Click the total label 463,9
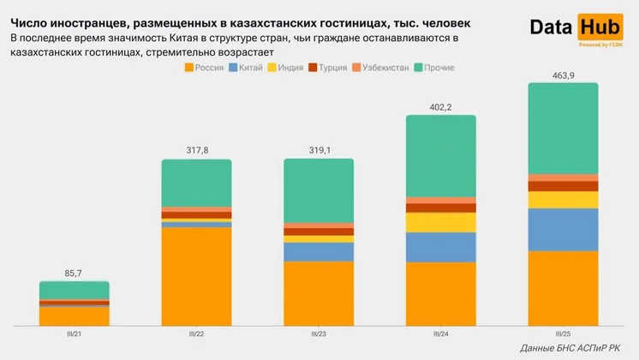click(x=563, y=76)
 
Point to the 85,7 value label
click(x=74, y=274)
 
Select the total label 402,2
click(x=440, y=108)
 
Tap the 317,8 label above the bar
click(x=196, y=153)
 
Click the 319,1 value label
click(x=319, y=153)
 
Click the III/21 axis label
click(x=75, y=333)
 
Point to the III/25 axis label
click(x=563, y=333)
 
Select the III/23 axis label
click(x=319, y=333)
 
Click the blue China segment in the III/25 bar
click(x=563, y=230)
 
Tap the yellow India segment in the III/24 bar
click(x=440, y=223)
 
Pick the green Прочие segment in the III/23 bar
click(x=319, y=190)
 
